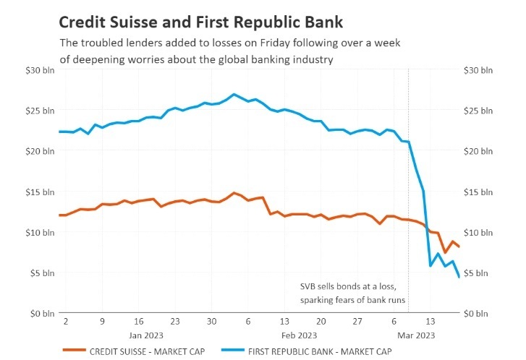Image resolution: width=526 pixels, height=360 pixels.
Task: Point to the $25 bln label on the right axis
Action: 478,111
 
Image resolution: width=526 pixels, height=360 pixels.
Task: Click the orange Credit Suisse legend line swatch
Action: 74,351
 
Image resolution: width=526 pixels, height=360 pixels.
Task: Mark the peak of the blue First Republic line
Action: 233,94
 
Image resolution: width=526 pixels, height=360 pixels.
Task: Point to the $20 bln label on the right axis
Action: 478,151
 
